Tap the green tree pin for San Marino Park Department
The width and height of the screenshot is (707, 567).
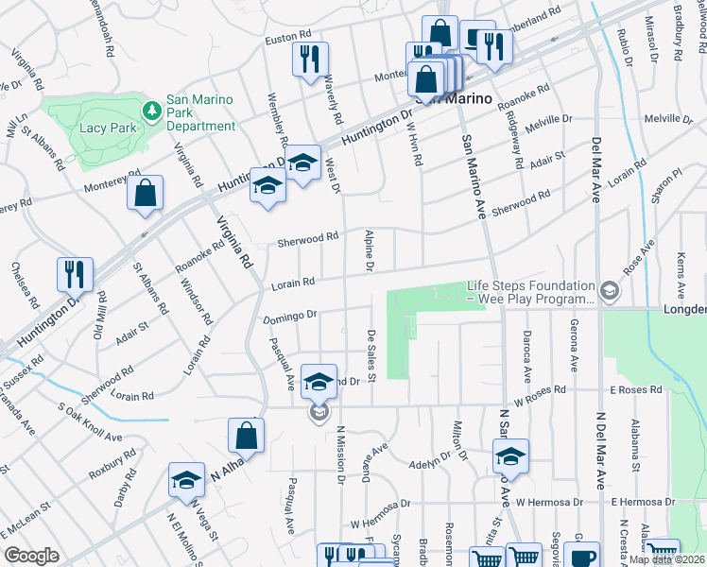(150, 112)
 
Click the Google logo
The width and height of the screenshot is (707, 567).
(31, 556)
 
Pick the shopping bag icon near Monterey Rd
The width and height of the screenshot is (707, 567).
(146, 195)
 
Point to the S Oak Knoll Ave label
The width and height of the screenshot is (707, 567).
(91, 424)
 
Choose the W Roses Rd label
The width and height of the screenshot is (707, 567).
(535, 388)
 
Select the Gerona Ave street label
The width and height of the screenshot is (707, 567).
(574, 344)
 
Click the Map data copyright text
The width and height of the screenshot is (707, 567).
(667, 559)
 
